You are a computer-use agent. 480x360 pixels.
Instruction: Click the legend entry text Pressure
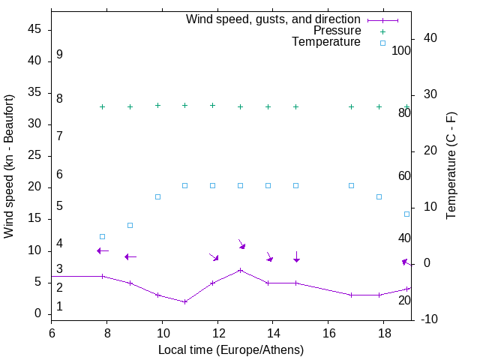pos(337,31)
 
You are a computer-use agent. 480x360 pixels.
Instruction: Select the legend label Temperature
pos(326,42)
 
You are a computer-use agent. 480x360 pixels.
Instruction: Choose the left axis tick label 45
pos(34,29)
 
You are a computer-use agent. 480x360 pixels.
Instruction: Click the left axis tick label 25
pos(34,156)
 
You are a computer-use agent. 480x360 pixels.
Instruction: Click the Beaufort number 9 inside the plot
pos(59,55)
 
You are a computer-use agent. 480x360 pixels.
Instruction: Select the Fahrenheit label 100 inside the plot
pos(401,50)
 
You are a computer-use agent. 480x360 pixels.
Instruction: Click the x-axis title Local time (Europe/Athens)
pos(231,349)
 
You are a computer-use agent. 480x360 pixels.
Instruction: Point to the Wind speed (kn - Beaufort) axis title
pos(9,166)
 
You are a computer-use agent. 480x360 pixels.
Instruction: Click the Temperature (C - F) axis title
pos(451,166)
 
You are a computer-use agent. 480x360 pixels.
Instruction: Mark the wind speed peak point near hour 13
pos(240,270)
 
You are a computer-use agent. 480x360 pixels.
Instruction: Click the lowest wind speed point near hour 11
pos(184,301)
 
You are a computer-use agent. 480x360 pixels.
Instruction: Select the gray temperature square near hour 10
pos(157,196)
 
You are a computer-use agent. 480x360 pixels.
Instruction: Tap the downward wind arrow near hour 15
pos(296,257)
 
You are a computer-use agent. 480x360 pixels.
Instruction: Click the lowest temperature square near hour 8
pos(103,236)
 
